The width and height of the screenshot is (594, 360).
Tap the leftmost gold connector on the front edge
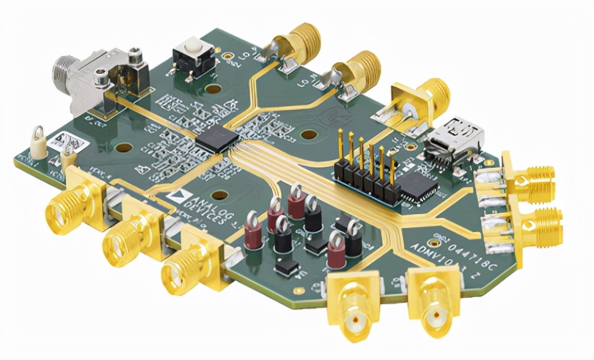(x=64, y=206)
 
